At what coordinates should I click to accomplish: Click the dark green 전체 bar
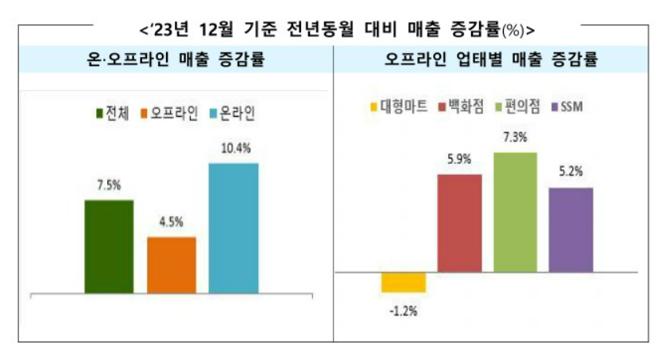tap(109, 246)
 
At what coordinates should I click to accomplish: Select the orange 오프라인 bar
tap(171, 265)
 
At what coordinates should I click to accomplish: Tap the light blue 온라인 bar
tap(233, 228)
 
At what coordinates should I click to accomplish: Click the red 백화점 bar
tap(459, 223)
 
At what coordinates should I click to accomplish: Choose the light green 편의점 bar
tap(515, 211)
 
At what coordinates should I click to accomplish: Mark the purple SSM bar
tap(570, 230)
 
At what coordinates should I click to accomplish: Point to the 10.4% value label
tap(233, 149)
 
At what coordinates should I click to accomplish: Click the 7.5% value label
tap(109, 186)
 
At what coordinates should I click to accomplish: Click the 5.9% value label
tap(459, 160)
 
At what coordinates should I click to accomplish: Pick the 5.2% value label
tap(570, 170)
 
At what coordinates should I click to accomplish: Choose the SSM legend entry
tap(566, 106)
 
